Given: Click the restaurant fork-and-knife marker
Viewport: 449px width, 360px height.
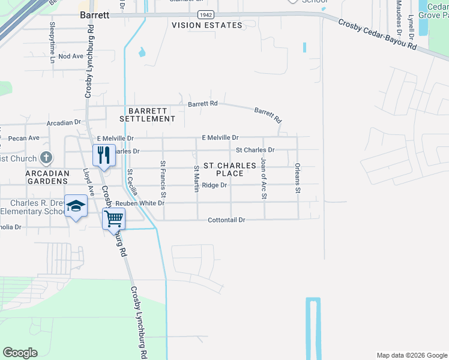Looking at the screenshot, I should pyautogui.click(x=104, y=155).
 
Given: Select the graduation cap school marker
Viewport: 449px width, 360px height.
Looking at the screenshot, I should pyautogui.click(x=76, y=206).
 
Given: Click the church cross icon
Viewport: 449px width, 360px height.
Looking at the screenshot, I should pyautogui.click(x=46, y=158).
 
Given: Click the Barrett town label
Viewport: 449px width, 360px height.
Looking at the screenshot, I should pyautogui.click(x=94, y=16).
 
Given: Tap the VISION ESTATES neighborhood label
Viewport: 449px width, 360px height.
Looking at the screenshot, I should pyautogui.click(x=207, y=25).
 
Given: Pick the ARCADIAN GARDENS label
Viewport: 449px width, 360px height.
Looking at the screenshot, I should pyautogui.click(x=47, y=176).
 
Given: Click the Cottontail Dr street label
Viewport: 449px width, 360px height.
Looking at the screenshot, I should pyautogui.click(x=227, y=220).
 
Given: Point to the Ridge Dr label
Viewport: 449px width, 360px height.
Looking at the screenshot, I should pyautogui.click(x=214, y=185).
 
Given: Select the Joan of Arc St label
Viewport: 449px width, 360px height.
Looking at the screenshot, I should pyautogui.click(x=263, y=179).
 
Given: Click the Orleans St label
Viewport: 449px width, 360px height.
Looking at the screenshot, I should pyautogui.click(x=297, y=178).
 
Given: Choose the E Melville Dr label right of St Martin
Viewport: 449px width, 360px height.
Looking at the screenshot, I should pyautogui.click(x=220, y=137).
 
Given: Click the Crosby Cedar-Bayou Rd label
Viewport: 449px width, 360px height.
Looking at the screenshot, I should pyautogui.click(x=376, y=34).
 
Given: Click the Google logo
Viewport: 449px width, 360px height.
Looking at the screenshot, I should pyautogui.click(x=20, y=353).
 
